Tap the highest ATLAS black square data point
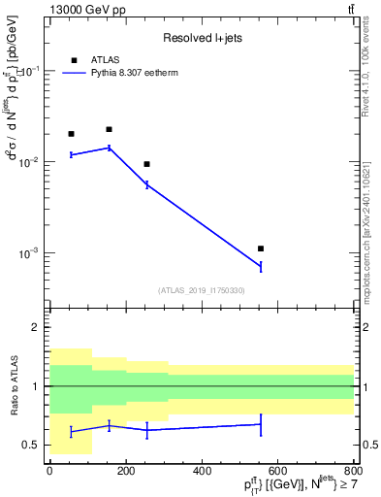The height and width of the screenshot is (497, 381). click(x=109, y=129)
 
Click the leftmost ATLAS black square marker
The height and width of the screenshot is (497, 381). click(x=71, y=134)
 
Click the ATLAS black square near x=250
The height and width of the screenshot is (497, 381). click(x=146, y=164)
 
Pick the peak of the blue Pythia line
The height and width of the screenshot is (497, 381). click(x=109, y=148)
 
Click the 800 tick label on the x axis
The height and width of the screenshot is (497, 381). click(x=354, y=471)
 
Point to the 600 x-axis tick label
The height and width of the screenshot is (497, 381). click(x=277, y=471)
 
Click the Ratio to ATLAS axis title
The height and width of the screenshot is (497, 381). click(x=14, y=386)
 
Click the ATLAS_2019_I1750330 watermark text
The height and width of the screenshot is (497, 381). click(x=201, y=290)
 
